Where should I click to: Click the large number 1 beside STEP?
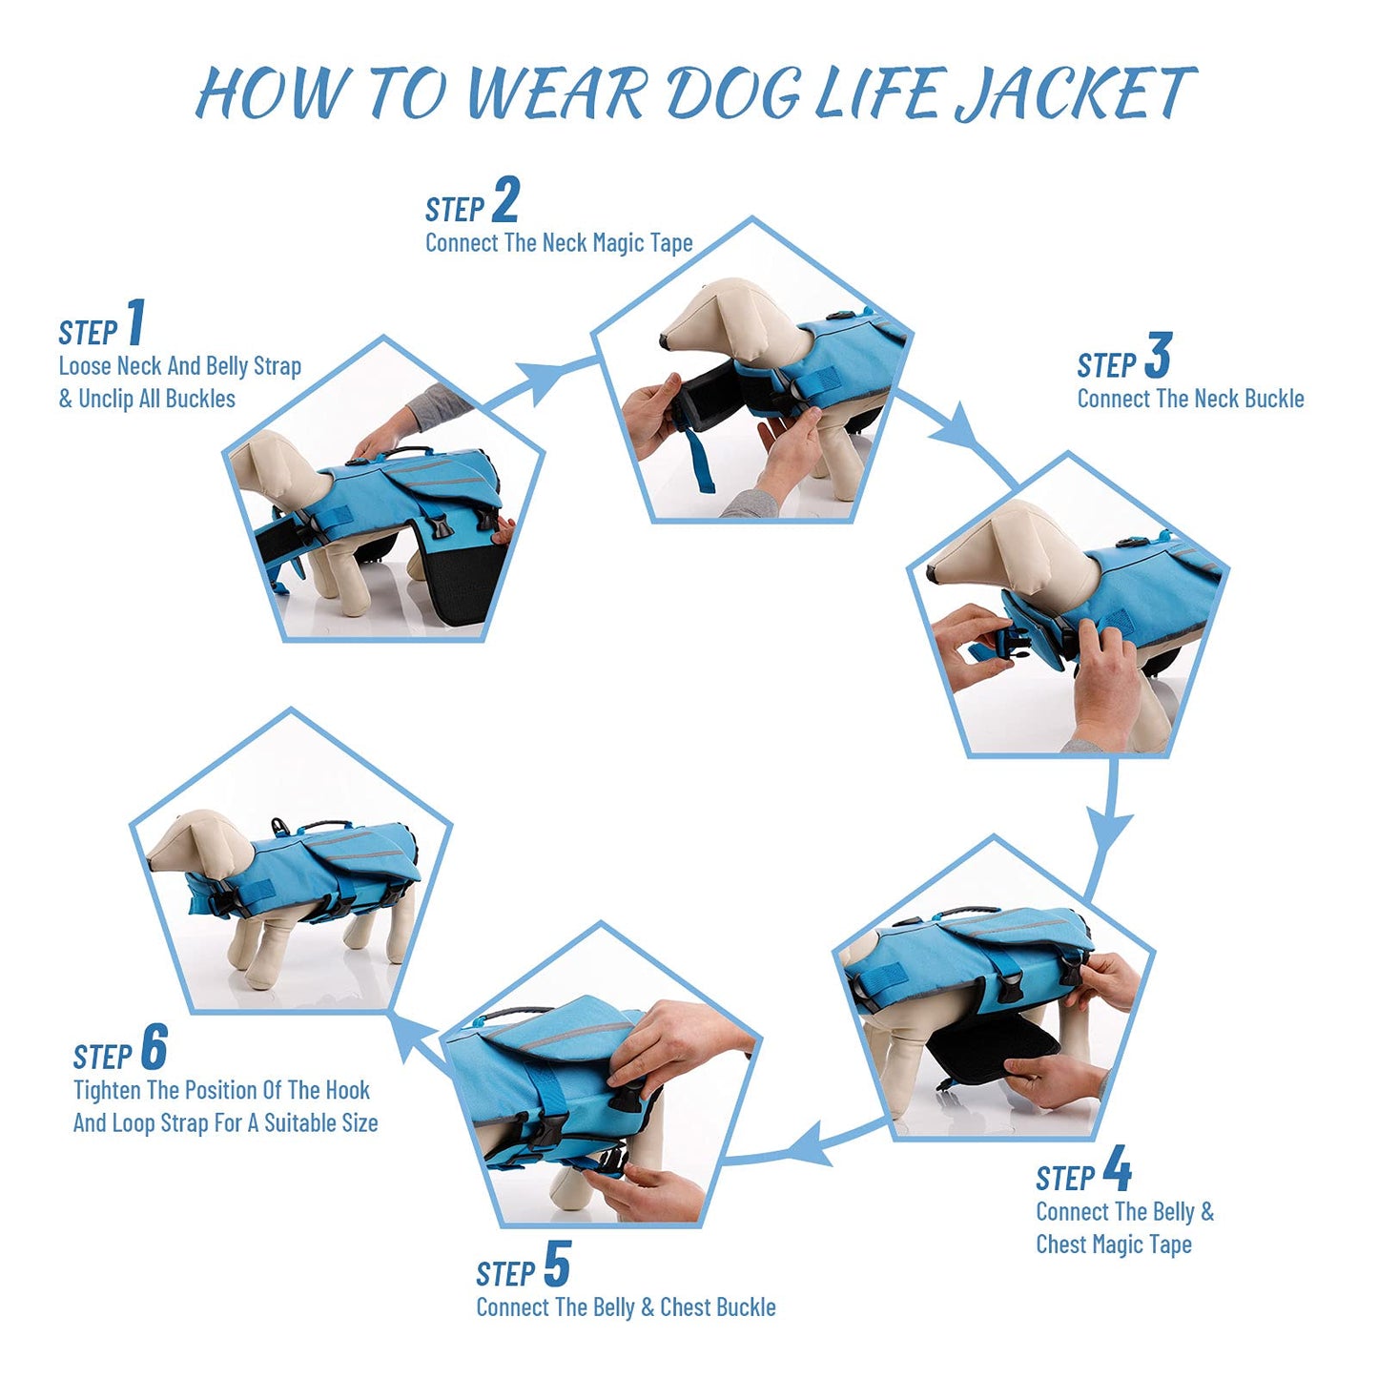[135, 321]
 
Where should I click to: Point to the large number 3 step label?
[1158, 355]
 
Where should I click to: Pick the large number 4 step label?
[1118, 1168]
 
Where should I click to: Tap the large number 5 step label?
[557, 1264]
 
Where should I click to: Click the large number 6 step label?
[154, 1046]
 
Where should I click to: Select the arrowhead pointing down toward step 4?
[1108, 831]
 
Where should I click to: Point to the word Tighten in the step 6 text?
[107, 1091]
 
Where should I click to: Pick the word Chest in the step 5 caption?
[684, 1307]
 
